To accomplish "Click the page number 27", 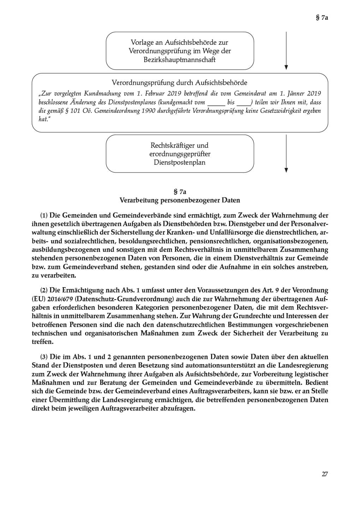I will (325, 474).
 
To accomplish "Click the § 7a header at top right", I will (322, 17).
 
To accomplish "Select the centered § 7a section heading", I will (180, 192).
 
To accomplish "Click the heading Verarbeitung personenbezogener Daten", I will (180, 200).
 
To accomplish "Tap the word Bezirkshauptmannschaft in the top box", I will (180, 60).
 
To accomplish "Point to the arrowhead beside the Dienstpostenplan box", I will (286, 170).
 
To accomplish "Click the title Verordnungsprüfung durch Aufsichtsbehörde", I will (179, 83).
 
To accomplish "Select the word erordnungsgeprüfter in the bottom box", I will (180, 154).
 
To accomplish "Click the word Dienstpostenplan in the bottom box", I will (180, 163).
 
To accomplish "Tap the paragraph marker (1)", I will (44, 215).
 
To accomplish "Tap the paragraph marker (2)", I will (44, 290).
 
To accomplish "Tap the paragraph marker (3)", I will (44, 357).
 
